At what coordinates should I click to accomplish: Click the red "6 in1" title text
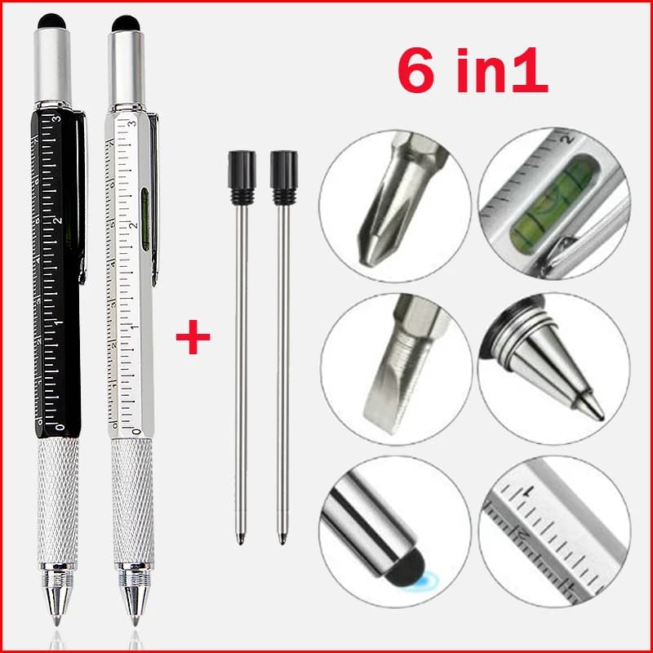472,72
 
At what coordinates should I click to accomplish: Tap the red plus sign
193,338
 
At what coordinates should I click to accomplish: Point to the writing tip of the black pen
57,620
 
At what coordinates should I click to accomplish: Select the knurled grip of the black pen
58,498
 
